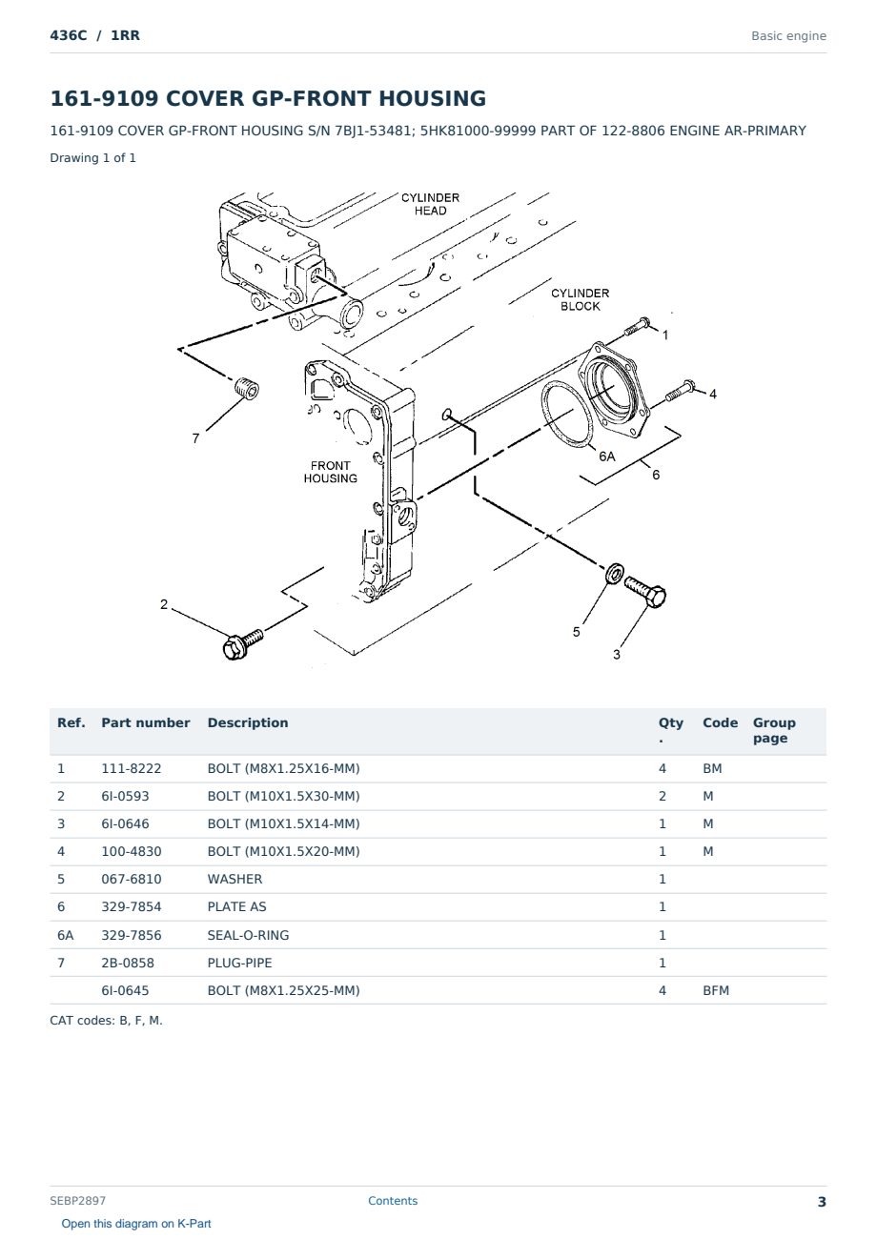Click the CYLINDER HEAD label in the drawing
430,204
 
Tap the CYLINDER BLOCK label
580,300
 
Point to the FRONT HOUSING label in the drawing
331,472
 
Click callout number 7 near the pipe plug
195,438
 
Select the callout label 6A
607,457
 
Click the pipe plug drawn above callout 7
247,387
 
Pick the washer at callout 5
614,573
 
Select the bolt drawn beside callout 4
680,391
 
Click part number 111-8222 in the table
132,768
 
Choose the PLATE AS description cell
236,906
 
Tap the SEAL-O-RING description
248,935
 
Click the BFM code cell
716,990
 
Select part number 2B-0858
128,963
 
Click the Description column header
248,722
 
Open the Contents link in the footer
393,1200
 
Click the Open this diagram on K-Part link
136,1223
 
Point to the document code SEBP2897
77,1200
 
